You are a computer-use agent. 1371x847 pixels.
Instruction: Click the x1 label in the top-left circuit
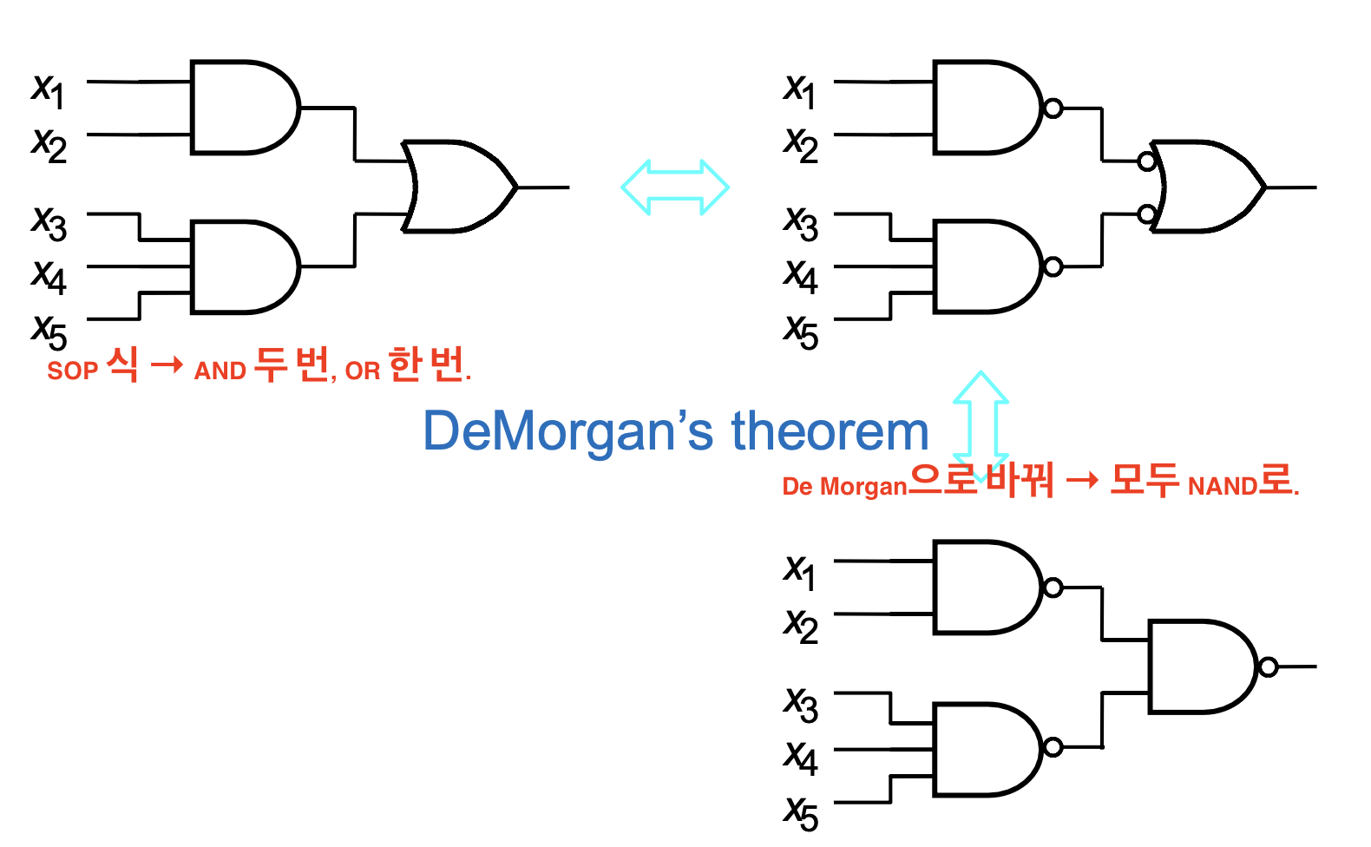(x=48, y=91)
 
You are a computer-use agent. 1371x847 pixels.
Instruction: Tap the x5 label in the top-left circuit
(x=49, y=332)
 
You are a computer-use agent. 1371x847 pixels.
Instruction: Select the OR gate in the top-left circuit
(x=460, y=187)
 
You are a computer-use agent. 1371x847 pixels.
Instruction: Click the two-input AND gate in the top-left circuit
(x=245, y=107)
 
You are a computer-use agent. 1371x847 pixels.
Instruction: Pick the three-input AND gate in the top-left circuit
(x=245, y=266)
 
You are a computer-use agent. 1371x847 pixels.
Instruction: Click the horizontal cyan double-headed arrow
(x=675, y=187)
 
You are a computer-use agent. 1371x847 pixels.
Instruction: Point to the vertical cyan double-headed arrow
(x=981, y=427)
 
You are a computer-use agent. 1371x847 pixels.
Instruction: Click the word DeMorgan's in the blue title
(x=568, y=431)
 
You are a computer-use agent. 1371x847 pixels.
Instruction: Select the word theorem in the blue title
(x=830, y=431)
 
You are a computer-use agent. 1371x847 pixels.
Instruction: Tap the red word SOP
(x=72, y=371)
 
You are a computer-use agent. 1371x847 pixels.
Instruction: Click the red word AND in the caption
(x=220, y=371)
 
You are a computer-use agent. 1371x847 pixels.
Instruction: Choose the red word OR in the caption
(x=363, y=371)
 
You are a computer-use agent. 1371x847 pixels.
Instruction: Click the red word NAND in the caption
(x=1223, y=487)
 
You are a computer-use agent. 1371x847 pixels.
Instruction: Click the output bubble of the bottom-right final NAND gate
(x=1269, y=666)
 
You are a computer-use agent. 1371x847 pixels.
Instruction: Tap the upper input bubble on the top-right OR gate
(x=1147, y=161)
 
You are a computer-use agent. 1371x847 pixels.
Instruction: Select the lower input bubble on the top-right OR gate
(x=1147, y=214)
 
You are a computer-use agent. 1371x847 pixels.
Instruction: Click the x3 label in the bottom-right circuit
(x=801, y=705)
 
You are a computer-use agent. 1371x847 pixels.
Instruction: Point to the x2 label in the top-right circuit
(x=801, y=145)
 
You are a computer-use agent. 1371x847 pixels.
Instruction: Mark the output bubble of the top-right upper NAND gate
(x=1053, y=108)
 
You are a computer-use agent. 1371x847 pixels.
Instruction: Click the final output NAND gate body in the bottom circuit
(x=1204, y=666)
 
